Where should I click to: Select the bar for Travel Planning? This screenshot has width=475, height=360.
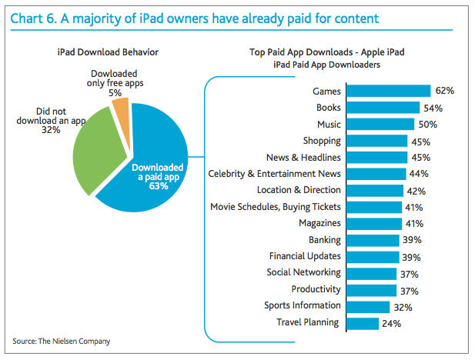(361, 323)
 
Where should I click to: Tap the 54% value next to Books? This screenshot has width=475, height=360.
(432, 108)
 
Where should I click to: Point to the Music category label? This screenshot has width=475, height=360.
(324, 124)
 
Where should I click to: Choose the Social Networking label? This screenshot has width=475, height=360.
(303, 273)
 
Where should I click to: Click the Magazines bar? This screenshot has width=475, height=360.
(373, 223)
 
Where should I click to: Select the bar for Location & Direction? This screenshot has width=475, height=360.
(373, 190)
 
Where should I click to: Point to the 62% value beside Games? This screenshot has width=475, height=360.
(444, 91)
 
